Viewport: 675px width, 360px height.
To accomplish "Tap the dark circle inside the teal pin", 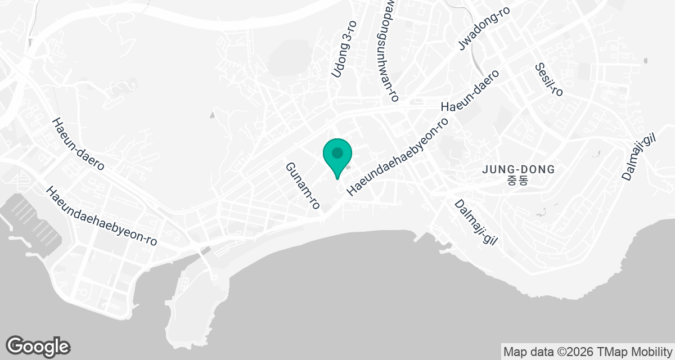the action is [337, 152].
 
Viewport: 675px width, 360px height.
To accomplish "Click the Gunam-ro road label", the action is [303, 186].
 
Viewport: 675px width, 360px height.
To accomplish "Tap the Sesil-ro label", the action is [549, 79].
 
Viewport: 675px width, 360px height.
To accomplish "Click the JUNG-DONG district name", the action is [519, 169].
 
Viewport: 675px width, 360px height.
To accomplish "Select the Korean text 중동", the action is [519, 181].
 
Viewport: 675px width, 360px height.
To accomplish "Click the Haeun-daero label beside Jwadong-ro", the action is [470, 91].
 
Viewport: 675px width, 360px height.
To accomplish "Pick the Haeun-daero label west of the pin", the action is [78, 145].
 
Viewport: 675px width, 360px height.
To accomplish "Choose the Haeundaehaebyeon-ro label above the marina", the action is [102, 216].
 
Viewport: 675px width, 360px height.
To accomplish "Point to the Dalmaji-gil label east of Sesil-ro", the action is [640, 157].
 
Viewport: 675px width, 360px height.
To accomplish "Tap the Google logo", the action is [38, 346].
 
